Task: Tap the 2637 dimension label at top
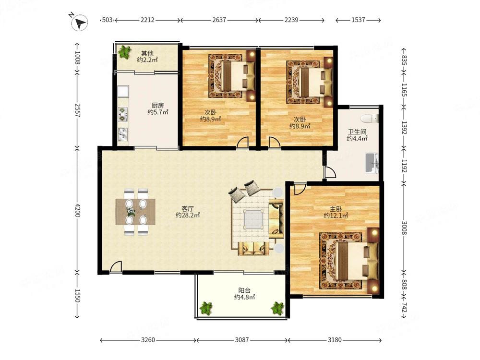coord(219,20)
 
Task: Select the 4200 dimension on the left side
coord(77,210)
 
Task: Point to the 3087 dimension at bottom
coord(242,340)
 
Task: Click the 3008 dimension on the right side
coord(404,228)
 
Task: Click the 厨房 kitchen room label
coord(157,106)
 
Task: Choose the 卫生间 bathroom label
coord(357,132)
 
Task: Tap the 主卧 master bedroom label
coord(336,209)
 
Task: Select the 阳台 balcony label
coord(244,290)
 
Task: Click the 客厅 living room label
coord(188,209)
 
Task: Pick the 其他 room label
coord(147,53)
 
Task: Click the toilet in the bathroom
coord(370,119)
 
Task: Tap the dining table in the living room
coord(135,212)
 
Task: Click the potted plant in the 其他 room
coord(124,52)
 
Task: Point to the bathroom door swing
coord(330,172)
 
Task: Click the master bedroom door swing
coord(300,189)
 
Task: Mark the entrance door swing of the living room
coord(116,266)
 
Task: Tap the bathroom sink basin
coord(372,163)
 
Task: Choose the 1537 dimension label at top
coord(358,20)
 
